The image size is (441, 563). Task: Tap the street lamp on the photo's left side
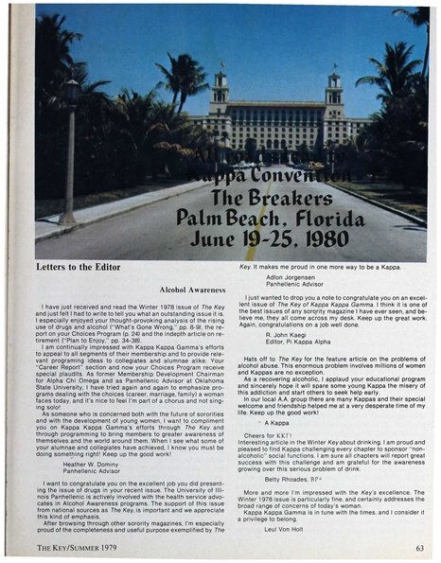[x=70, y=142]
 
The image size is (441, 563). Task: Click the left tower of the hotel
[x=220, y=94]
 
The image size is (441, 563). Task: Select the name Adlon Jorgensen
[x=294, y=276]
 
